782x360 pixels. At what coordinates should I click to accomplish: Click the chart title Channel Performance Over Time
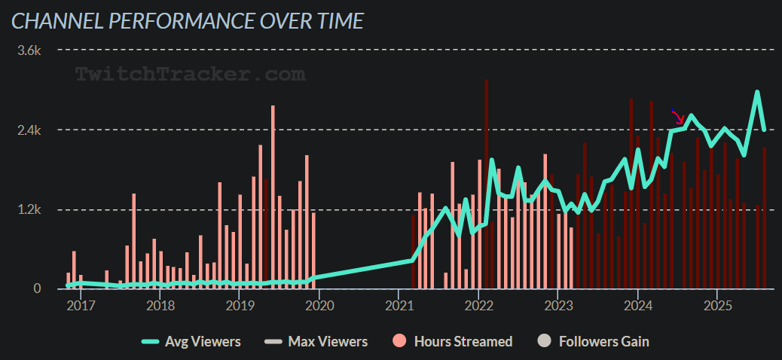pyautogui.click(x=187, y=20)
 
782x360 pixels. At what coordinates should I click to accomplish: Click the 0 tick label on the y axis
pyautogui.click(x=36, y=289)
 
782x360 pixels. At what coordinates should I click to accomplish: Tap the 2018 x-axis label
pyautogui.click(x=160, y=306)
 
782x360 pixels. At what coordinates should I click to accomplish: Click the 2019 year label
pyautogui.click(x=240, y=306)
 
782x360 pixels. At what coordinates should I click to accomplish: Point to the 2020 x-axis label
pyautogui.click(x=319, y=306)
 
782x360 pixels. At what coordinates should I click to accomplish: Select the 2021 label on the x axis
pyautogui.click(x=399, y=306)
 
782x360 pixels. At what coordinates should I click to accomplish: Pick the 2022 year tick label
pyautogui.click(x=479, y=306)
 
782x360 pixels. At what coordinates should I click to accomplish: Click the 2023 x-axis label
pyautogui.click(x=558, y=306)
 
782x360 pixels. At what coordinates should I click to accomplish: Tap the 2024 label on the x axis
pyautogui.click(x=638, y=306)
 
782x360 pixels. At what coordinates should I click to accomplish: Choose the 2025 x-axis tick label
pyautogui.click(x=718, y=306)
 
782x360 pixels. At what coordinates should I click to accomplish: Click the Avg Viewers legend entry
pyautogui.click(x=192, y=341)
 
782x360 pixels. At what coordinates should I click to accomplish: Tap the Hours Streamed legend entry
pyautogui.click(x=453, y=341)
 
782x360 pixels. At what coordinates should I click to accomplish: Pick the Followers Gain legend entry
pyautogui.click(x=594, y=341)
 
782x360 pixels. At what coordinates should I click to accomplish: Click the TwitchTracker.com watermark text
pyautogui.click(x=190, y=74)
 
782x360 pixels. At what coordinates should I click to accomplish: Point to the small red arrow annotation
pyautogui.click(x=677, y=117)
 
